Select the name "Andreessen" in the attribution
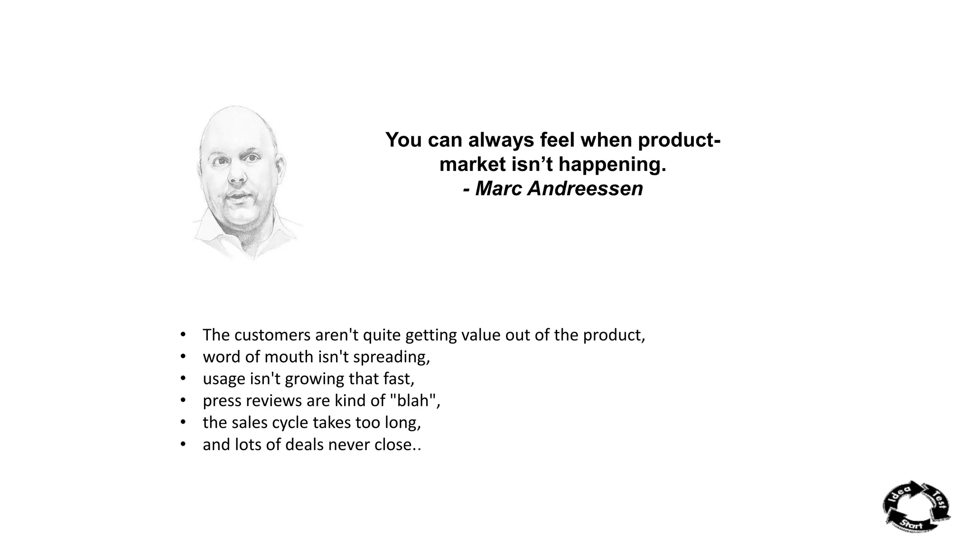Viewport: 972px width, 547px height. coord(585,189)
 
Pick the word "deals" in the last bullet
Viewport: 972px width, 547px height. coord(304,445)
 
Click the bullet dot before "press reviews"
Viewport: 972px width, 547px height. coord(183,401)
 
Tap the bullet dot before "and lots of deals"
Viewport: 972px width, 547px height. coord(183,445)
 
